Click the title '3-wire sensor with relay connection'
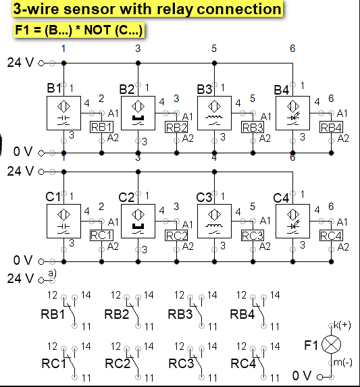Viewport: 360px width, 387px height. pos(147,9)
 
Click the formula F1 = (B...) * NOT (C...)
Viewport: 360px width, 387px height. pos(80,30)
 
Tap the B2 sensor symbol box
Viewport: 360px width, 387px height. pos(138,112)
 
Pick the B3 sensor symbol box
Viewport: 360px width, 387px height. pos(214,112)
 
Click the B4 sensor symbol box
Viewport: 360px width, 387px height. pos(292,112)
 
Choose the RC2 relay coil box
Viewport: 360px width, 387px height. pos(176,236)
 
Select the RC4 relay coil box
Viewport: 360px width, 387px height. pos(331,236)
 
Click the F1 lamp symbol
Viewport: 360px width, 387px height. pos(331,345)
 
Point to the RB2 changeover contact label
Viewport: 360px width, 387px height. pos(117,314)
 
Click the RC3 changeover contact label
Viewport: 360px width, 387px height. pos(181,363)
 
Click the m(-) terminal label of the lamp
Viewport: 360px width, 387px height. pos(343,363)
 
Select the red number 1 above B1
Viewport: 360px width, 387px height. pos(63,49)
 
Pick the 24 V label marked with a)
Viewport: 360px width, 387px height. pos(20,278)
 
